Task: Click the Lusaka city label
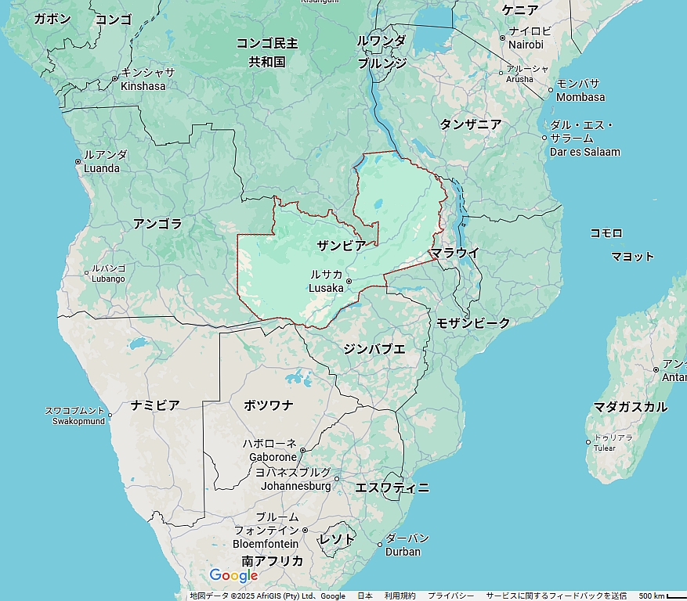(326, 282)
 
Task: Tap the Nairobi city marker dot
(502, 38)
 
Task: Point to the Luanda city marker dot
(78, 162)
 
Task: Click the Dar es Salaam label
(584, 139)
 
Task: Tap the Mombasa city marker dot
(550, 90)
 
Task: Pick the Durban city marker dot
(380, 545)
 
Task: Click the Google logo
(233, 576)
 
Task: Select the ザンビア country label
(341, 245)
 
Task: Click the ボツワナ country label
(268, 405)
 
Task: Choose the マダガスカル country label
(630, 407)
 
